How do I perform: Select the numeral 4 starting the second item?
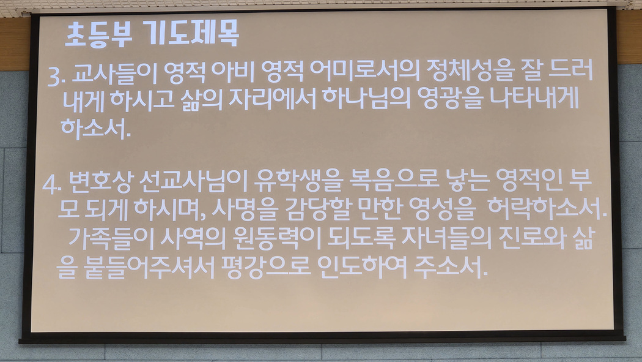[x=50, y=185]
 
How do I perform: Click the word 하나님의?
[x=366, y=99]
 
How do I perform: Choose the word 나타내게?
[x=534, y=97]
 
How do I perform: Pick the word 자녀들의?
[x=446, y=238]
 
